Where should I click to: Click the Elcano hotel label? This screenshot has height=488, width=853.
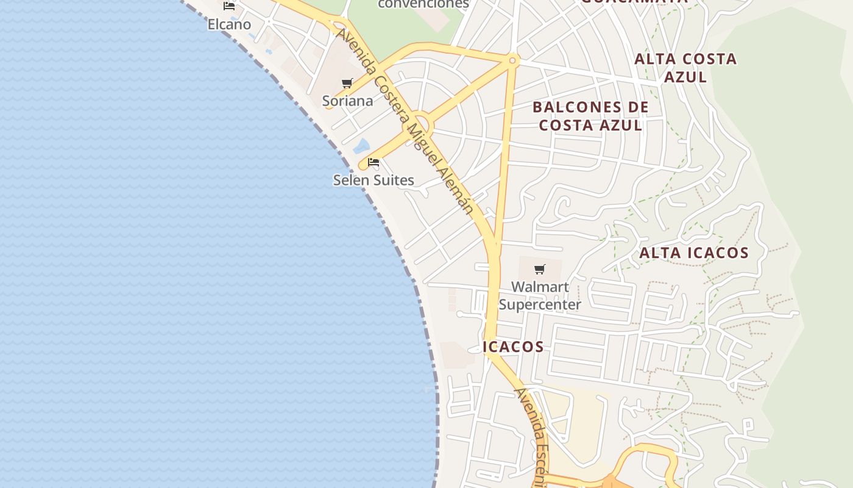229,24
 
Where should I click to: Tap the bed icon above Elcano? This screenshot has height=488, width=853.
229,6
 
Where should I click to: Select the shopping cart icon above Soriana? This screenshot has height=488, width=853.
347,83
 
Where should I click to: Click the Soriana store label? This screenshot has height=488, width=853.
347,101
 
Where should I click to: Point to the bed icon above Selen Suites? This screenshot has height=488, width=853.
373,162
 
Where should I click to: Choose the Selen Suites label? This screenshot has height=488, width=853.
373,180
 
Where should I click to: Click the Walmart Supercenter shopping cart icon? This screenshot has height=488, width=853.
539,269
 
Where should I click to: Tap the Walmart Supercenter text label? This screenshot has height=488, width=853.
540,295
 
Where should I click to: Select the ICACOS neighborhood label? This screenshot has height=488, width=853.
513,346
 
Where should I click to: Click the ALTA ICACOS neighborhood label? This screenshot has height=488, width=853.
694,253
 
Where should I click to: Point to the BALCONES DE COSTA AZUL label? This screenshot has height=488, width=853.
590,116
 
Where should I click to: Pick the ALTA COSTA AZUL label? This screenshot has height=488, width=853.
685,68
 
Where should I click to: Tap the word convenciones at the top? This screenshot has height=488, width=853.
423,4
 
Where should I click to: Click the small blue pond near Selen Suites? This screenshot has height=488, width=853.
361,146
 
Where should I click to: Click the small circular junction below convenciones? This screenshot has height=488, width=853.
512,60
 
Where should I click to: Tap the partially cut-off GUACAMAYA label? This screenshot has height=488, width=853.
634,2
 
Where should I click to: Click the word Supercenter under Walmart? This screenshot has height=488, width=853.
540,304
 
